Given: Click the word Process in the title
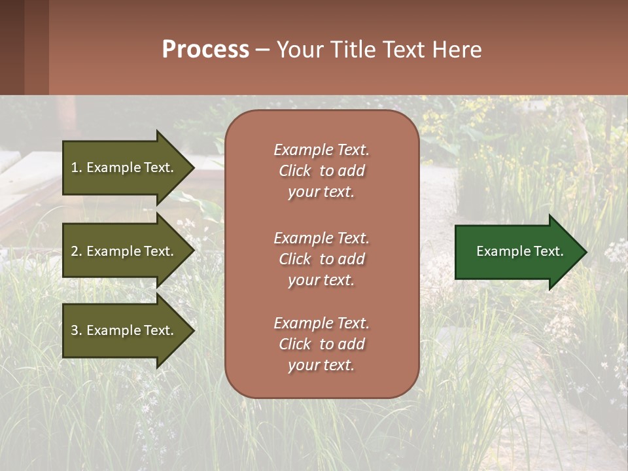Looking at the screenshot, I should [x=205, y=50].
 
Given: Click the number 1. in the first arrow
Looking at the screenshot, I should [x=77, y=167].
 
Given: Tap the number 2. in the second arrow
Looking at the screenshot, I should [x=77, y=251].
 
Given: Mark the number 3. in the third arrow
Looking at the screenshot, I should [x=77, y=330].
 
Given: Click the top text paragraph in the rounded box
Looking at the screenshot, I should [x=321, y=171].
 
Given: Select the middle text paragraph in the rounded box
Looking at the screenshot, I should [x=321, y=259].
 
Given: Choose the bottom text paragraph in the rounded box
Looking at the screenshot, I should [x=321, y=344].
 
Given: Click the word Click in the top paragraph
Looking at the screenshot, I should [x=295, y=171].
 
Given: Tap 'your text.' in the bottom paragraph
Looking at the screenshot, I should [x=321, y=365].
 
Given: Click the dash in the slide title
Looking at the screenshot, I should [x=263, y=50].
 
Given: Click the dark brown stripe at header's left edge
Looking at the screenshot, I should [x=12, y=47].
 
